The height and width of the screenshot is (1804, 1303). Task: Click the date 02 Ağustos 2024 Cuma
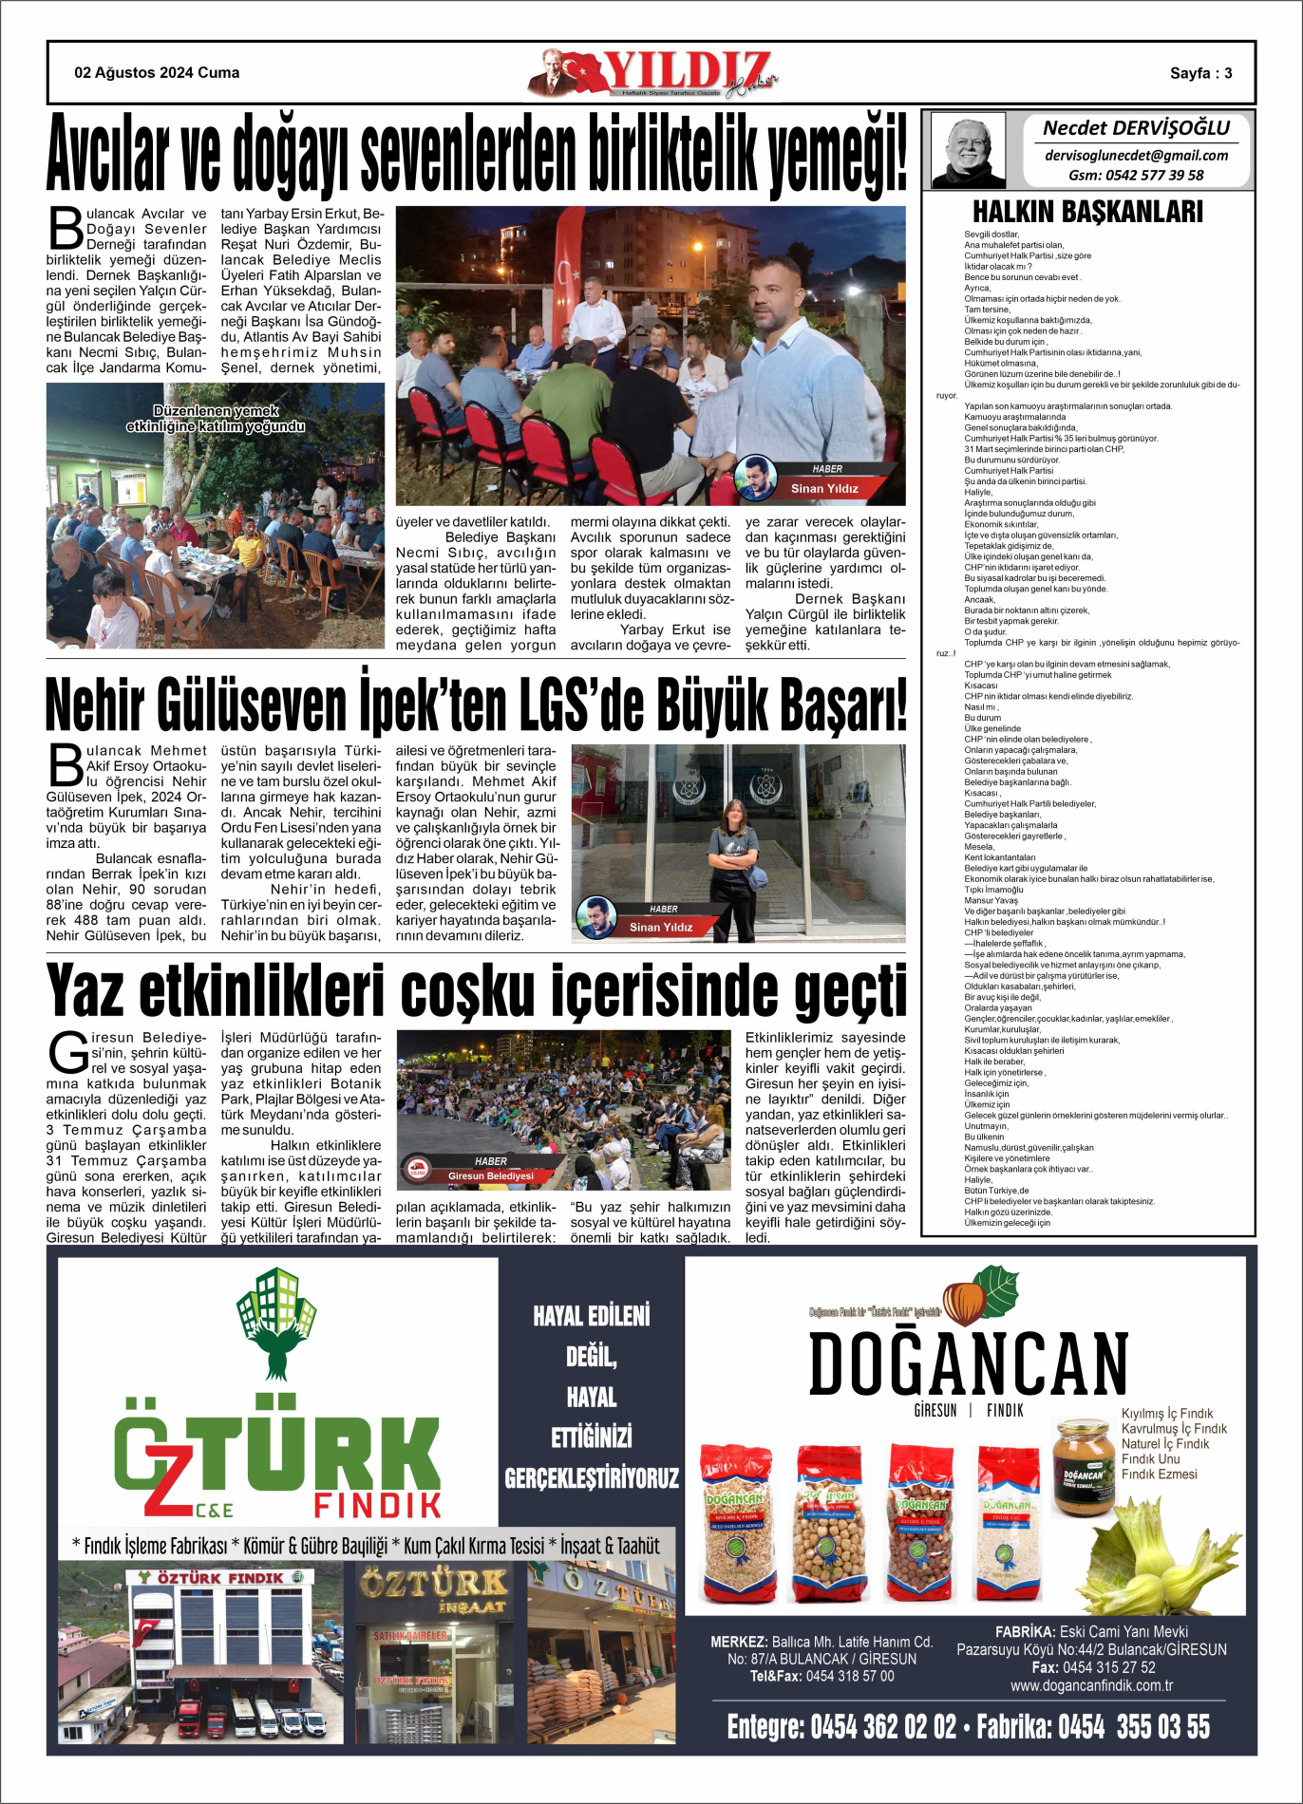(157, 73)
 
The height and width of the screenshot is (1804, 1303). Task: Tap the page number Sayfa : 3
(1200, 73)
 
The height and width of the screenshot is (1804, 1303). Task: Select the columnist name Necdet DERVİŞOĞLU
(1136, 128)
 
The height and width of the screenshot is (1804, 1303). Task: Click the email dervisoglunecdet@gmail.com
(1136, 156)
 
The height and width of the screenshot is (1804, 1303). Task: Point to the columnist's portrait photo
(968, 150)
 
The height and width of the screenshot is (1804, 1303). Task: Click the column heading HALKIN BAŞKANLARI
(1087, 211)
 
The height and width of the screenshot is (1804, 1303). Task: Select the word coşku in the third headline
(469, 991)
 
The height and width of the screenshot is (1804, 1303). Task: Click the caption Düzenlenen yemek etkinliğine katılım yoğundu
(216, 419)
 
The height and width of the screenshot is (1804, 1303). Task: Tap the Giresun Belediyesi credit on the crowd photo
(491, 1175)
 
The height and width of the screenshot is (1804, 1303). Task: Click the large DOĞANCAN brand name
(968, 1362)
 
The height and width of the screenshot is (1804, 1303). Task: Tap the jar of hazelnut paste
(1083, 1467)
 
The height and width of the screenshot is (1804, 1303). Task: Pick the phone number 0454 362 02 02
(882, 1727)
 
